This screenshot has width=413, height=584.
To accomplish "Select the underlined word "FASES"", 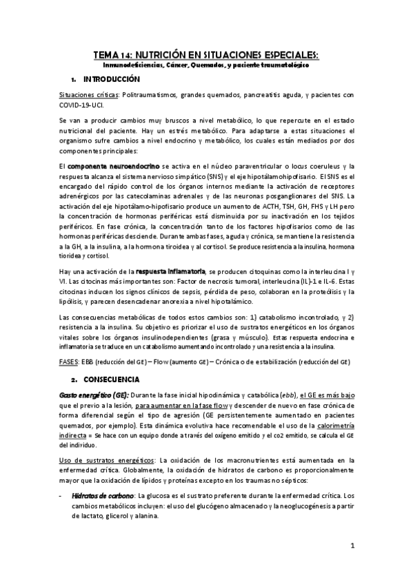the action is click(x=69, y=361).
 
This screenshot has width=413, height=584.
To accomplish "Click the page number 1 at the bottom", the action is click(x=352, y=546).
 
